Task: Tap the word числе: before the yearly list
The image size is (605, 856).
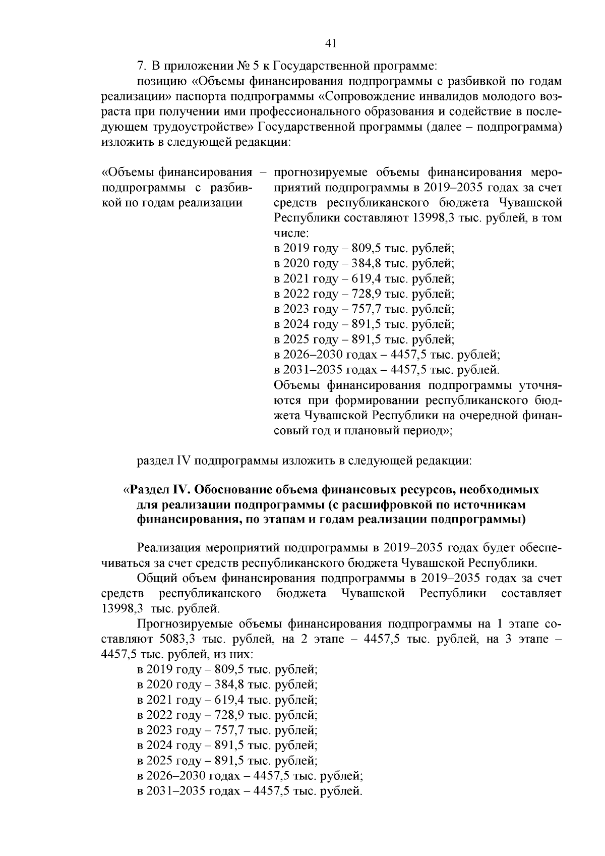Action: pos(291,233)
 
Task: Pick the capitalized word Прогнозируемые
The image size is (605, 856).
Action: pos(185,624)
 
